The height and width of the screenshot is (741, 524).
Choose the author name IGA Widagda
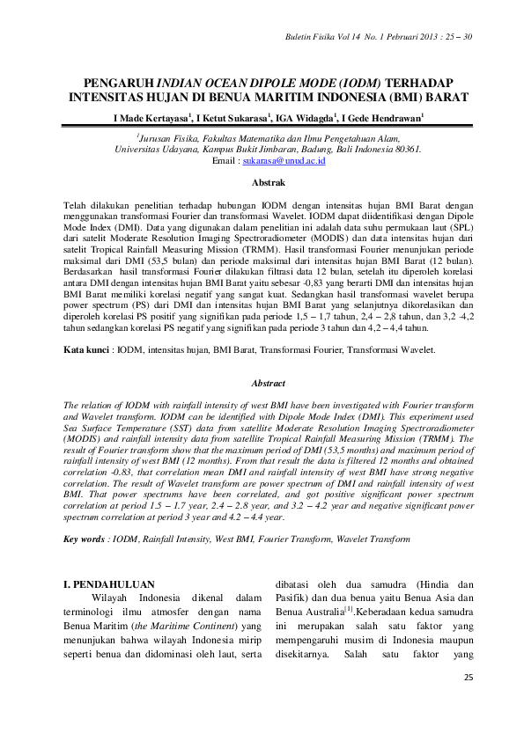(x=301, y=116)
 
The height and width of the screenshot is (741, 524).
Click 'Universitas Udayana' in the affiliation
(x=151, y=150)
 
